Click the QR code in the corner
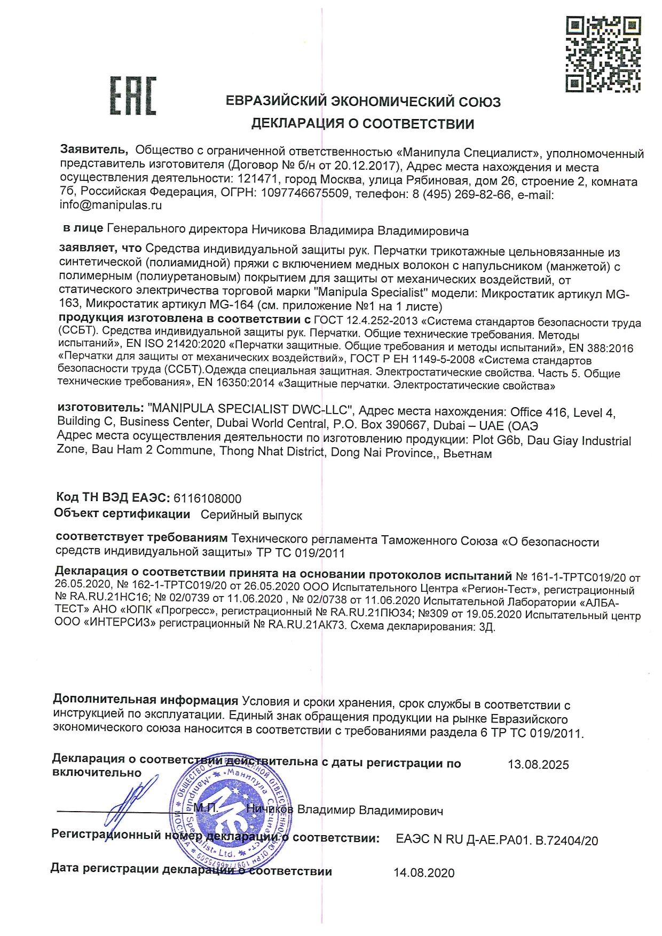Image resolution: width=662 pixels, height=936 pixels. (x=603, y=54)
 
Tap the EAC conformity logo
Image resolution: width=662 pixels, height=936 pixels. (x=133, y=96)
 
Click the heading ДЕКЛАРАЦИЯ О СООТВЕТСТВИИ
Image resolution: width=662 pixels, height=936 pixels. (x=362, y=124)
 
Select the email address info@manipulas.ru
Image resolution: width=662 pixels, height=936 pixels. (x=111, y=205)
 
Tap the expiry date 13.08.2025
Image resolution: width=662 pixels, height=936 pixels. (x=538, y=765)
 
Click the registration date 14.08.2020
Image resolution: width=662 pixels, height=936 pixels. (x=424, y=873)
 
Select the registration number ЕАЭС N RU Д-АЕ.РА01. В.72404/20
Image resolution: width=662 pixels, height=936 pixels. (x=497, y=840)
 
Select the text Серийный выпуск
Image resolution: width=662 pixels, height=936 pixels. (x=251, y=515)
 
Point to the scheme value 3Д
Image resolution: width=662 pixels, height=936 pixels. (x=487, y=628)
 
